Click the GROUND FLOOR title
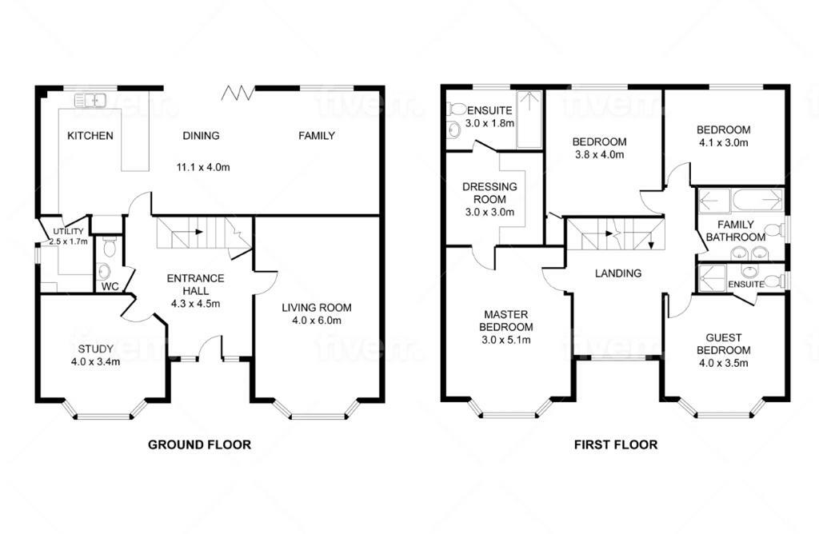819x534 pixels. coord(199,444)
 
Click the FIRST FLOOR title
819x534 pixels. coord(616,444)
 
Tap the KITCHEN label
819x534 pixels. coord(90,136)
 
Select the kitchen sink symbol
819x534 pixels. coord(90,100)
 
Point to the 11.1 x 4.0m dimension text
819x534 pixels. coord(203,168)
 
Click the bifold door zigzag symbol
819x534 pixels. coord(238,93)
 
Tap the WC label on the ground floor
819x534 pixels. coord(110,286)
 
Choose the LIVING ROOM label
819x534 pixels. coord(317,308)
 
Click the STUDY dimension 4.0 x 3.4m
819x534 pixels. coord(96,361)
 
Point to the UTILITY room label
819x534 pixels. coord(68,231)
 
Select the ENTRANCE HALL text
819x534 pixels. coord(195,285)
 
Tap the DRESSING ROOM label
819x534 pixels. coord(490,193)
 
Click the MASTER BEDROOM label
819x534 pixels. coord(506,321)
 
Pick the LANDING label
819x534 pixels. coord(618,273)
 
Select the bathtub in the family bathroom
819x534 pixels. coord(757,201)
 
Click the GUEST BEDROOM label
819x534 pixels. coord(723,344)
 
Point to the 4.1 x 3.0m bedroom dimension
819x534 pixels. coord(723,142)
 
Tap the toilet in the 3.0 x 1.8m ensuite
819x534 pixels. coord(457,109)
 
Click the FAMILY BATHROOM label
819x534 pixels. coord(736,231)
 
